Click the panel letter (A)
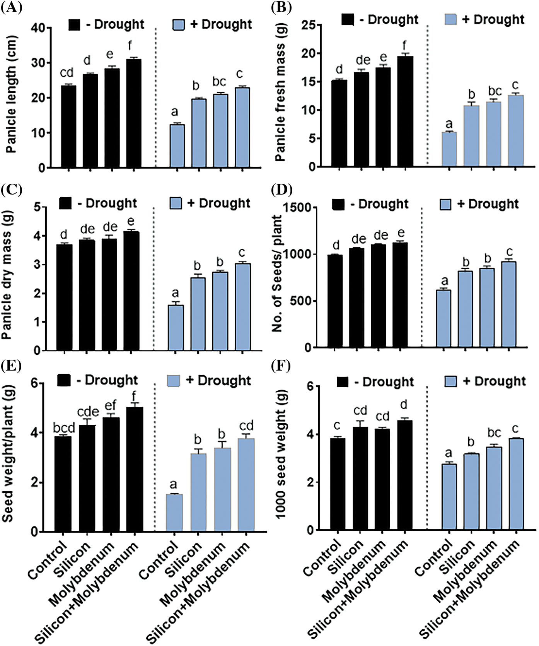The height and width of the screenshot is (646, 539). (x=11, y=7)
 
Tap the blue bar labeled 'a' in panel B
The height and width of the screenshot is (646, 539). (x=449, y=149)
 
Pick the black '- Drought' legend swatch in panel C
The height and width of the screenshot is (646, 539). (x=65, y=203)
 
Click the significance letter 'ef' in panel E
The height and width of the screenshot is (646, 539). (x=110, y=405)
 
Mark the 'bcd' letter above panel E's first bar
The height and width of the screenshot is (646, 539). (x=64, y=428)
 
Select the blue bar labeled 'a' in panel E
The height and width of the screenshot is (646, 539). (x=174, y=513)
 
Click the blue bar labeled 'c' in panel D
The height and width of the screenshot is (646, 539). (x=509, y=304)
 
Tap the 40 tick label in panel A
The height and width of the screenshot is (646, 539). (x=38, y=28)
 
